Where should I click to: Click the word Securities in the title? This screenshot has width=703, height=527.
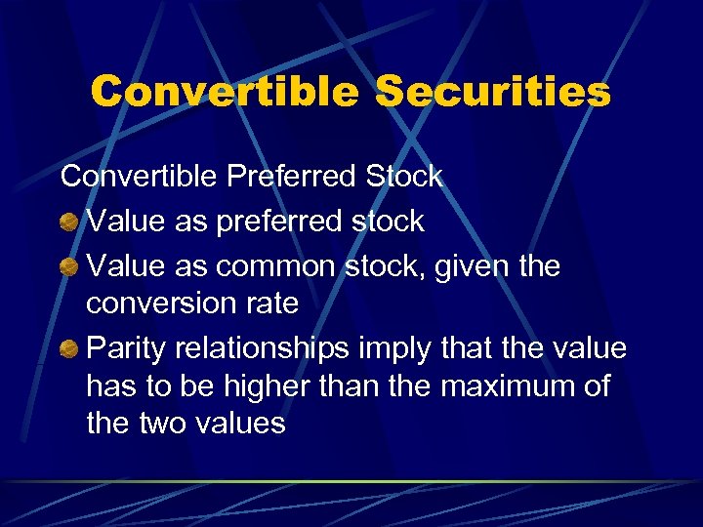(493, 92)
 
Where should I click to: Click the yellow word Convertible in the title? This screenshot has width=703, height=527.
(225, 92)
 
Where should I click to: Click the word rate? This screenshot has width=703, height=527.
(266, 304)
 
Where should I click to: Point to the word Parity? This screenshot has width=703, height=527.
(126, 348)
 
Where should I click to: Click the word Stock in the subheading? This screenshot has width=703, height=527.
(403, 177)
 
